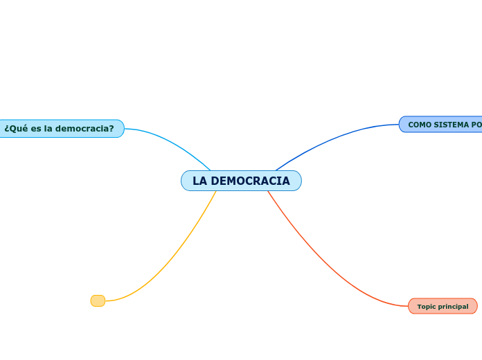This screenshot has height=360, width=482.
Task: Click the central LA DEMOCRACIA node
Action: pyautogui.click(x=241, y=181)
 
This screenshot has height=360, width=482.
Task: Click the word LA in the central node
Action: pyautogui.click(x=199, y=181)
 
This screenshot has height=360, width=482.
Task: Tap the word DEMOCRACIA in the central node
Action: pyautogui.click(x=251, y=181)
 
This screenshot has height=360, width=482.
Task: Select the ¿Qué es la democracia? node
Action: pyautogui.click(x=60, y=129)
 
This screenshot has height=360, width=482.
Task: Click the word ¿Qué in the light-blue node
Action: pyautogui.click(x=15, y=129)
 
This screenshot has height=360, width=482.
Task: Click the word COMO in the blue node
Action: pyautogui.click(x=420, y=125)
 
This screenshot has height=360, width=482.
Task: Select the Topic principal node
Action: pyautogui.click(x=443, y=306)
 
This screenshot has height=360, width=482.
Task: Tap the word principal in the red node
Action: pyautogui.click(x=454, y=306)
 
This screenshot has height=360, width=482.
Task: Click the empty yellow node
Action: pyautogui.click(x=98, y=300)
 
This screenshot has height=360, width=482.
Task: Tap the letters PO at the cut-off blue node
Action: pyautogui.click(x=476, y=125)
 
